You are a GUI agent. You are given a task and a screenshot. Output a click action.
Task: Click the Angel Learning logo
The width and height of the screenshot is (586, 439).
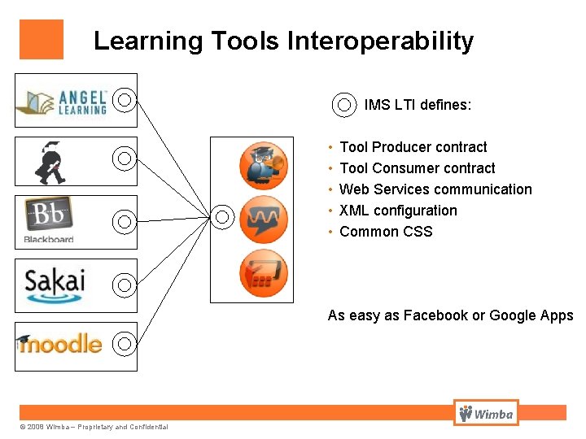tap(62, 100)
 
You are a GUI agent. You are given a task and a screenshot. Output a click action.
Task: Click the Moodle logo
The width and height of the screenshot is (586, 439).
tap(59, 344)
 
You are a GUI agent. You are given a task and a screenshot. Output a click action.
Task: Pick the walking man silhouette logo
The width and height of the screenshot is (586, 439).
tap(50, 162)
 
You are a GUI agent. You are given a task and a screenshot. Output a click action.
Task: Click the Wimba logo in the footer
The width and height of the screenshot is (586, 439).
tap(486, 414)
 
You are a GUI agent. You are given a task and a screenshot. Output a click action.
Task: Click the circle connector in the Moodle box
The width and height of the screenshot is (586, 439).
tap(124, 343)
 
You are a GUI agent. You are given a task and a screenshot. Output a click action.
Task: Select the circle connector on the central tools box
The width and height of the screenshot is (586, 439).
tap(224, 216)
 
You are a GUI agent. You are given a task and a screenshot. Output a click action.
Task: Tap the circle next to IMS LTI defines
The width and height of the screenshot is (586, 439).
tap(344, 105)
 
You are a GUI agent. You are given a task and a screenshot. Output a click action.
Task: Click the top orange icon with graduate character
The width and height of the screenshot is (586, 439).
tap(264, 165)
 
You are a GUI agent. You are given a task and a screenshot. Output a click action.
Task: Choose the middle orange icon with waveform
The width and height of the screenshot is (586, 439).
tap(264, 219)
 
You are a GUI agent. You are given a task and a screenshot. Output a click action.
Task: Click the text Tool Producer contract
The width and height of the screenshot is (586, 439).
tap(413, 147)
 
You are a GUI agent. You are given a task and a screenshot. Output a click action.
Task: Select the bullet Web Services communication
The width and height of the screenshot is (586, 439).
tap(435, 189)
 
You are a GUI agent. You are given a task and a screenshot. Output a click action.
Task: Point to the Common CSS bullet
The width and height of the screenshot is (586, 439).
tap(386, 232)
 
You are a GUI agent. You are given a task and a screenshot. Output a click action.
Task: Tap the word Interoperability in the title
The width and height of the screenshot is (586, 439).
tap(379, 41)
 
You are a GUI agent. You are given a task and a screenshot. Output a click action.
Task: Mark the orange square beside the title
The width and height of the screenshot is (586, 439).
tap(42, 40)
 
